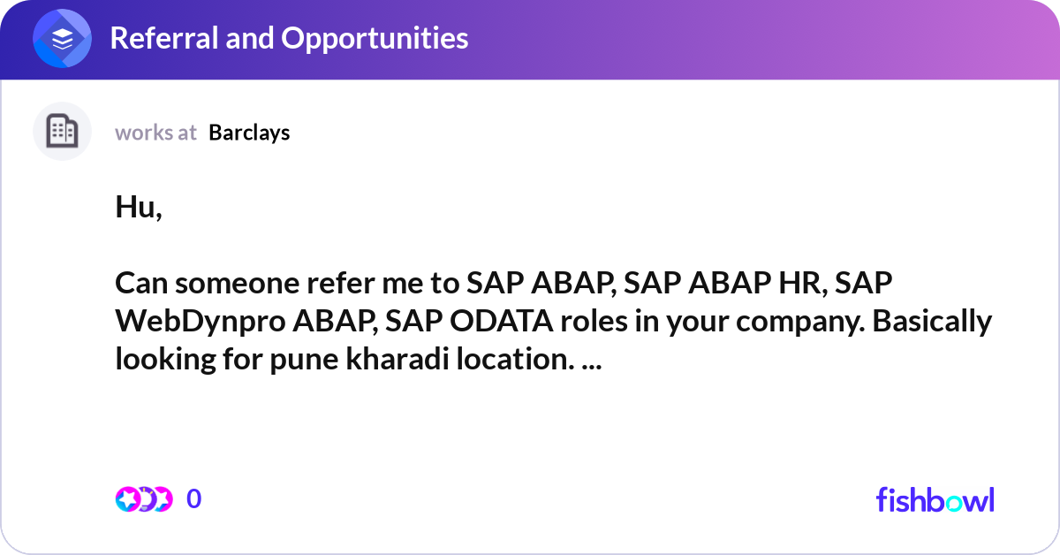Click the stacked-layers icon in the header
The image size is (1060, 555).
click(x=62, y=38)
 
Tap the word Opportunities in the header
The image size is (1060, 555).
click(x=375, y=39)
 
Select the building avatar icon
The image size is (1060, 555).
click(x=62, y=131)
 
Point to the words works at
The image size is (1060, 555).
click(x=155, y=133)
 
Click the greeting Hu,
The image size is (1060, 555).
click(x=139, y=207)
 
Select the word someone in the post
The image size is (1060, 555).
click(x=238, y=283)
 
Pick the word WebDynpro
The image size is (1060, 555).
click(x=201, y=322)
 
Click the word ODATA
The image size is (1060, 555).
click(x=502, y=321)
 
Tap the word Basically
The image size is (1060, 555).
click(x=932, y=322)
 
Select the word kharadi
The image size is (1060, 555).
click(x=397, y=359)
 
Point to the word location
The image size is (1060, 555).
click(x=515, y=359)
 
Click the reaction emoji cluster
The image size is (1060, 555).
click(x=144, y=499)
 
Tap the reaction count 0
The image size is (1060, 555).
click(x=194, y=499)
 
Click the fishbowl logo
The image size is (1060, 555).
click(x=935, y=500)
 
